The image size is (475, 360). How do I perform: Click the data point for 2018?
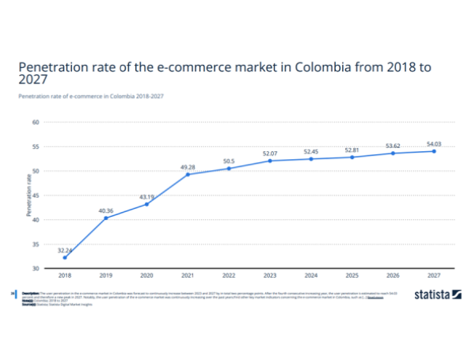[65, 257]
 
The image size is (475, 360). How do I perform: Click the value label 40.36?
[106, 210]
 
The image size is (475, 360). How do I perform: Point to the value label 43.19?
[147, 196]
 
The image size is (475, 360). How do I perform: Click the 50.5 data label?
[229, 161]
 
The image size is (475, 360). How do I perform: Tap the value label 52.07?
[270, 153]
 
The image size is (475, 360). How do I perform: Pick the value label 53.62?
[393, 146]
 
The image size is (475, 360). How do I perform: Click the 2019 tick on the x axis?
[106, 275]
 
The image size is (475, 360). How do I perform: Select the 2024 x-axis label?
[311, 275]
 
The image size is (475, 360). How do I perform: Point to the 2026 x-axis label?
[393, 275]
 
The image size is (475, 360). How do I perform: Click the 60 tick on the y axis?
[36, 123]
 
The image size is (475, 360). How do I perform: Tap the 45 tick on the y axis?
[36, 195]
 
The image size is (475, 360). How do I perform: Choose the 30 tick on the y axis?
[36, 268]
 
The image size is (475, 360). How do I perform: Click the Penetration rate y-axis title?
[28, 195]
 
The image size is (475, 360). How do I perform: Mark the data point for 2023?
[270, 161]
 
